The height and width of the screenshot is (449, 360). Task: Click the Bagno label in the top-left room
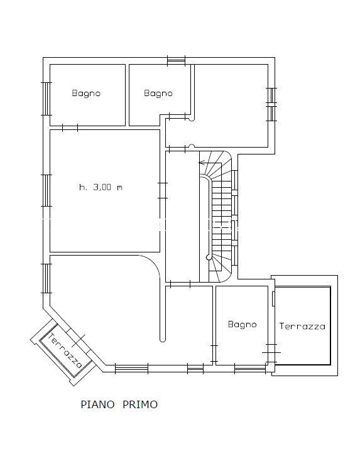[x=86, y=94]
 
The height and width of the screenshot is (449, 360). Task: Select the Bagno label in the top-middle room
[x=158, y=94]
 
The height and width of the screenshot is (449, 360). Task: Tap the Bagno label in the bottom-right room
[x=243, y=325]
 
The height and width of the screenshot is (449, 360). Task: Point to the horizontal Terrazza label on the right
[x=302, y=327]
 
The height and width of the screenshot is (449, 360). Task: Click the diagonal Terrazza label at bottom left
[x=65, y=350]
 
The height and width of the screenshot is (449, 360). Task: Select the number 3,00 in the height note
[x=102, y=188]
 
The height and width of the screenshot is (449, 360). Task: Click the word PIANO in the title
[x=97, y=404]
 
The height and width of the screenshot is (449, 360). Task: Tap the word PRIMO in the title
[x=140, y=404]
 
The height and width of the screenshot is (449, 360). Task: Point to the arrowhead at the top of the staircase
[x=202, y=163]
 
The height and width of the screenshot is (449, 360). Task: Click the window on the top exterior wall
[x=177, y=61]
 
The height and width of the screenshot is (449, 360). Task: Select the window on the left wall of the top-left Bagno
[x=46, y=99]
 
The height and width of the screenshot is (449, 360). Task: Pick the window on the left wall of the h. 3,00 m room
[x=46, y=190]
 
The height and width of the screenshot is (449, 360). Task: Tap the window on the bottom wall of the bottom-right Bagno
[x=250, y=369]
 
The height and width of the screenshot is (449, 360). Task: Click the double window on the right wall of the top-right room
[x=271, y=104]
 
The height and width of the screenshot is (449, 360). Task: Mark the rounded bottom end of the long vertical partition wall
[x=162, y=340]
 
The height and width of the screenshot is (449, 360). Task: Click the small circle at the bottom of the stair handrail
[x=209, y=257]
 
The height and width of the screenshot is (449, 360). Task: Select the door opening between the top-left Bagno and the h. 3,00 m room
[x=70, y=127]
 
